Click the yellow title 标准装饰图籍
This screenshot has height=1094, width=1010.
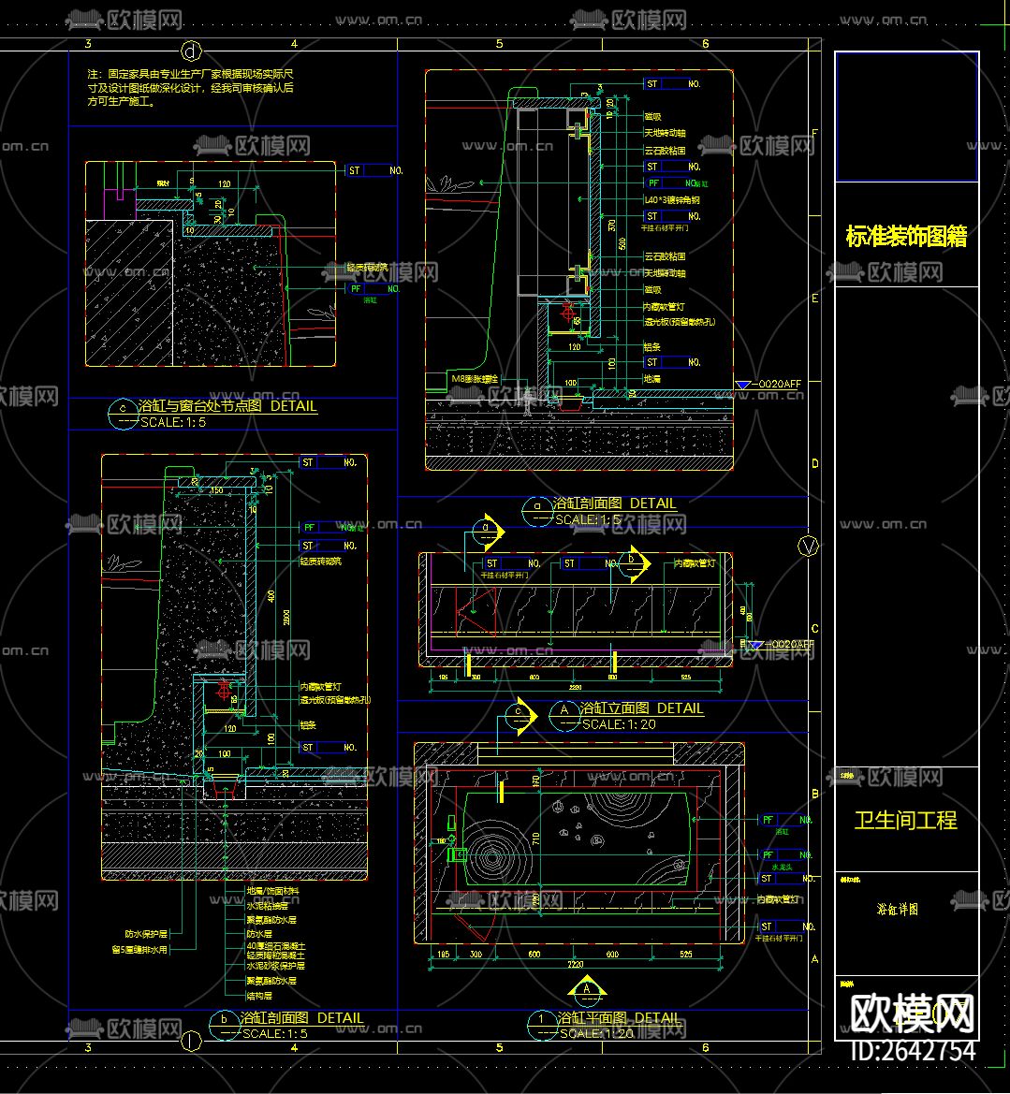click(x=905, y=237)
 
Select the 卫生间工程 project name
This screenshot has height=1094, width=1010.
click(x=905, y=821)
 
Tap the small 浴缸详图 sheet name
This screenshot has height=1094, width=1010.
click(x=897, y=909)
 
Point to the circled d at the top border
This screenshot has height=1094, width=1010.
click(x=193, y=50)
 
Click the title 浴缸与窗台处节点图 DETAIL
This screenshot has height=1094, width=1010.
click(x=227, y=407)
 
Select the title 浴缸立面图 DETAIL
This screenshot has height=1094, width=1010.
click(x=641, y=709)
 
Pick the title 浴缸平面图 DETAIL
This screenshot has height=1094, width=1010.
click(x=618, y=1018)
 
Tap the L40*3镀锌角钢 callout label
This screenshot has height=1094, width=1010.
click(x=671, y=200)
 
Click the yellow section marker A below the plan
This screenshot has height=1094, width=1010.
click(x=587, y=988)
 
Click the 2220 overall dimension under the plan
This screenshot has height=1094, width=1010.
click(x=577, y=965)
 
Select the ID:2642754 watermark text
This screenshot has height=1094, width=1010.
click(x=913, y=1051)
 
